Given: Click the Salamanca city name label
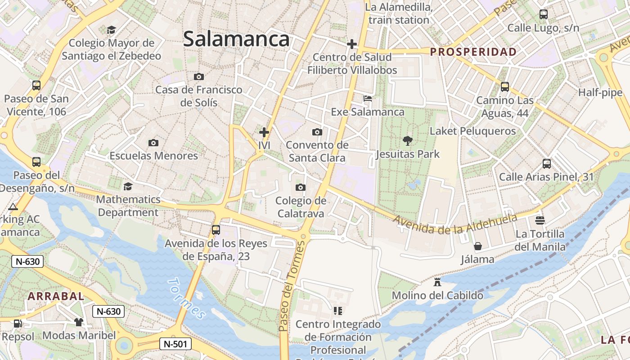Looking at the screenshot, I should point(236,39).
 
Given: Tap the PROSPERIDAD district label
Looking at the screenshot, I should point(473,52).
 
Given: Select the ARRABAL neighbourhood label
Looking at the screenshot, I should point(56,296).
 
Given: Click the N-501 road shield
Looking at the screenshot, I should point(175,344).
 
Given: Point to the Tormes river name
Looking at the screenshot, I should point(186,298).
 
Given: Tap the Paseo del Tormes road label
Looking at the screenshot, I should point(292,286).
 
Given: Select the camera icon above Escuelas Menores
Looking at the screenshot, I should point(153,143).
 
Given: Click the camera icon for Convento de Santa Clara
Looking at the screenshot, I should point(317,132).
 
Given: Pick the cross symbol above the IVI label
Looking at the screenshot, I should point(264,132).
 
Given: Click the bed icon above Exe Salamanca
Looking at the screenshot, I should point(368,99).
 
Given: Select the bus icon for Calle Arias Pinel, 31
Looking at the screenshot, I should point(546,164).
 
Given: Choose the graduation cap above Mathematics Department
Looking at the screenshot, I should point(128,186).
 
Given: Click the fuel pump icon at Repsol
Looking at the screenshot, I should point(18,323).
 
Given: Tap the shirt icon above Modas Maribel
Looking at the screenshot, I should point(79,322).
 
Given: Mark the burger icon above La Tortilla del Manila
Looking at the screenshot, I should point(540,220).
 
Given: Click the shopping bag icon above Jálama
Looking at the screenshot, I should point(477,246).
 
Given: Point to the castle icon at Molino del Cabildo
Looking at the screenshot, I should point(437,282).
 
